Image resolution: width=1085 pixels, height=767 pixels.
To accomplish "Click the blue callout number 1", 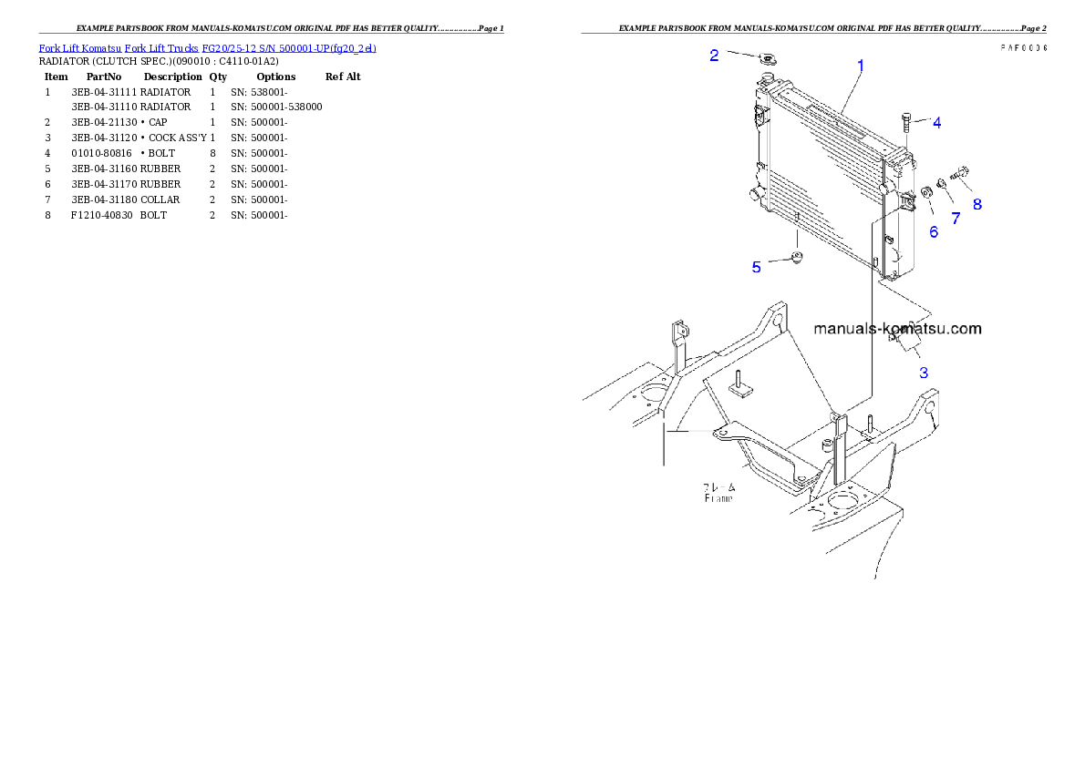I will pos(861,66).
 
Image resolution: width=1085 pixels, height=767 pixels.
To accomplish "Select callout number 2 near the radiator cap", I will pos(715,55).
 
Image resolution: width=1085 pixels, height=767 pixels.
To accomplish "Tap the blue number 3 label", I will pos(924,372).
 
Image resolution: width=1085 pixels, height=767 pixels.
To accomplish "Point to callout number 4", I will pos(936,122).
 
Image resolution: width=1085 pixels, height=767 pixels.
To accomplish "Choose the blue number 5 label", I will pos(757,267).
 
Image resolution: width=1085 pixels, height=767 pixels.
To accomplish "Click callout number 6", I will pos(934,232).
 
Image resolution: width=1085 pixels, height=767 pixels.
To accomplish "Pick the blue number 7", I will pos(956,218).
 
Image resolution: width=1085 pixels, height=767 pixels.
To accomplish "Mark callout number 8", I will pos(977,204).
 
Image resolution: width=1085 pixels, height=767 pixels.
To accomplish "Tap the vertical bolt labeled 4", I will pos(905,121).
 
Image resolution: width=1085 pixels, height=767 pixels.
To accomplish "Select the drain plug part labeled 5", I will pos(797,259).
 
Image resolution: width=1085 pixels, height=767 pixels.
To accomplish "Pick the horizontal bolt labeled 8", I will pos(960,172).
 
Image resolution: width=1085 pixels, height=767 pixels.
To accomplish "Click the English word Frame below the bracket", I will pos(718,498).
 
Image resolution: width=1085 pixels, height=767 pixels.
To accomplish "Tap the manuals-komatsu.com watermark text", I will pos(897,329).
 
